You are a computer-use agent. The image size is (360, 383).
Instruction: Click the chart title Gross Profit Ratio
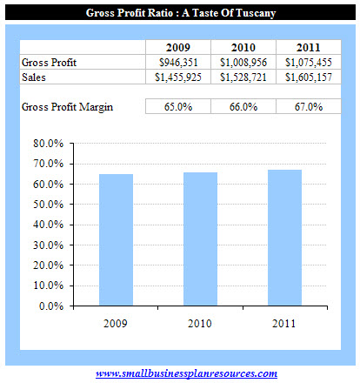[x=180, y=13]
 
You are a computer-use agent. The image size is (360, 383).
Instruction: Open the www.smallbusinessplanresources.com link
[x=185, y=373]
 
